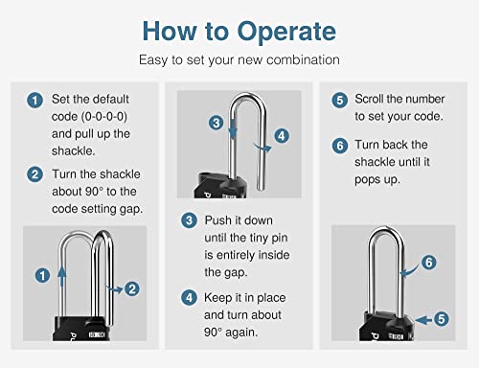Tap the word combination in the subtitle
(x=303, y=60)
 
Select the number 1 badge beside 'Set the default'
(x=34, y=101)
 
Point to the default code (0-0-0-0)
(x=104, y=117)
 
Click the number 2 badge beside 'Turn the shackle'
(x=34, y=174)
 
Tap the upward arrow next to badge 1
(x=62, y=277)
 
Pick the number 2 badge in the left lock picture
(x=132, y=288)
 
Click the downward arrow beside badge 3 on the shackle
(x=234, y=128)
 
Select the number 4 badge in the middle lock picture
(x=282, y=136)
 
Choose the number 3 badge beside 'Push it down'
(x=189, y=220)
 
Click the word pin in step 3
(x=280, y=239)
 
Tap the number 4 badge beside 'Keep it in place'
(x=189, y=298)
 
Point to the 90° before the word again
(x=213, y=333)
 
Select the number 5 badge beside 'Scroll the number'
(x=339, y=100)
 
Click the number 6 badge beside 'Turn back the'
(x=339, y=146)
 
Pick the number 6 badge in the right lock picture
(x=429, y=263)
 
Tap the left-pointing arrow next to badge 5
(x=424, y=320)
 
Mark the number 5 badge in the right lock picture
(x=442, y=319)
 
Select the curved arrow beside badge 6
(x=411, y=271)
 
